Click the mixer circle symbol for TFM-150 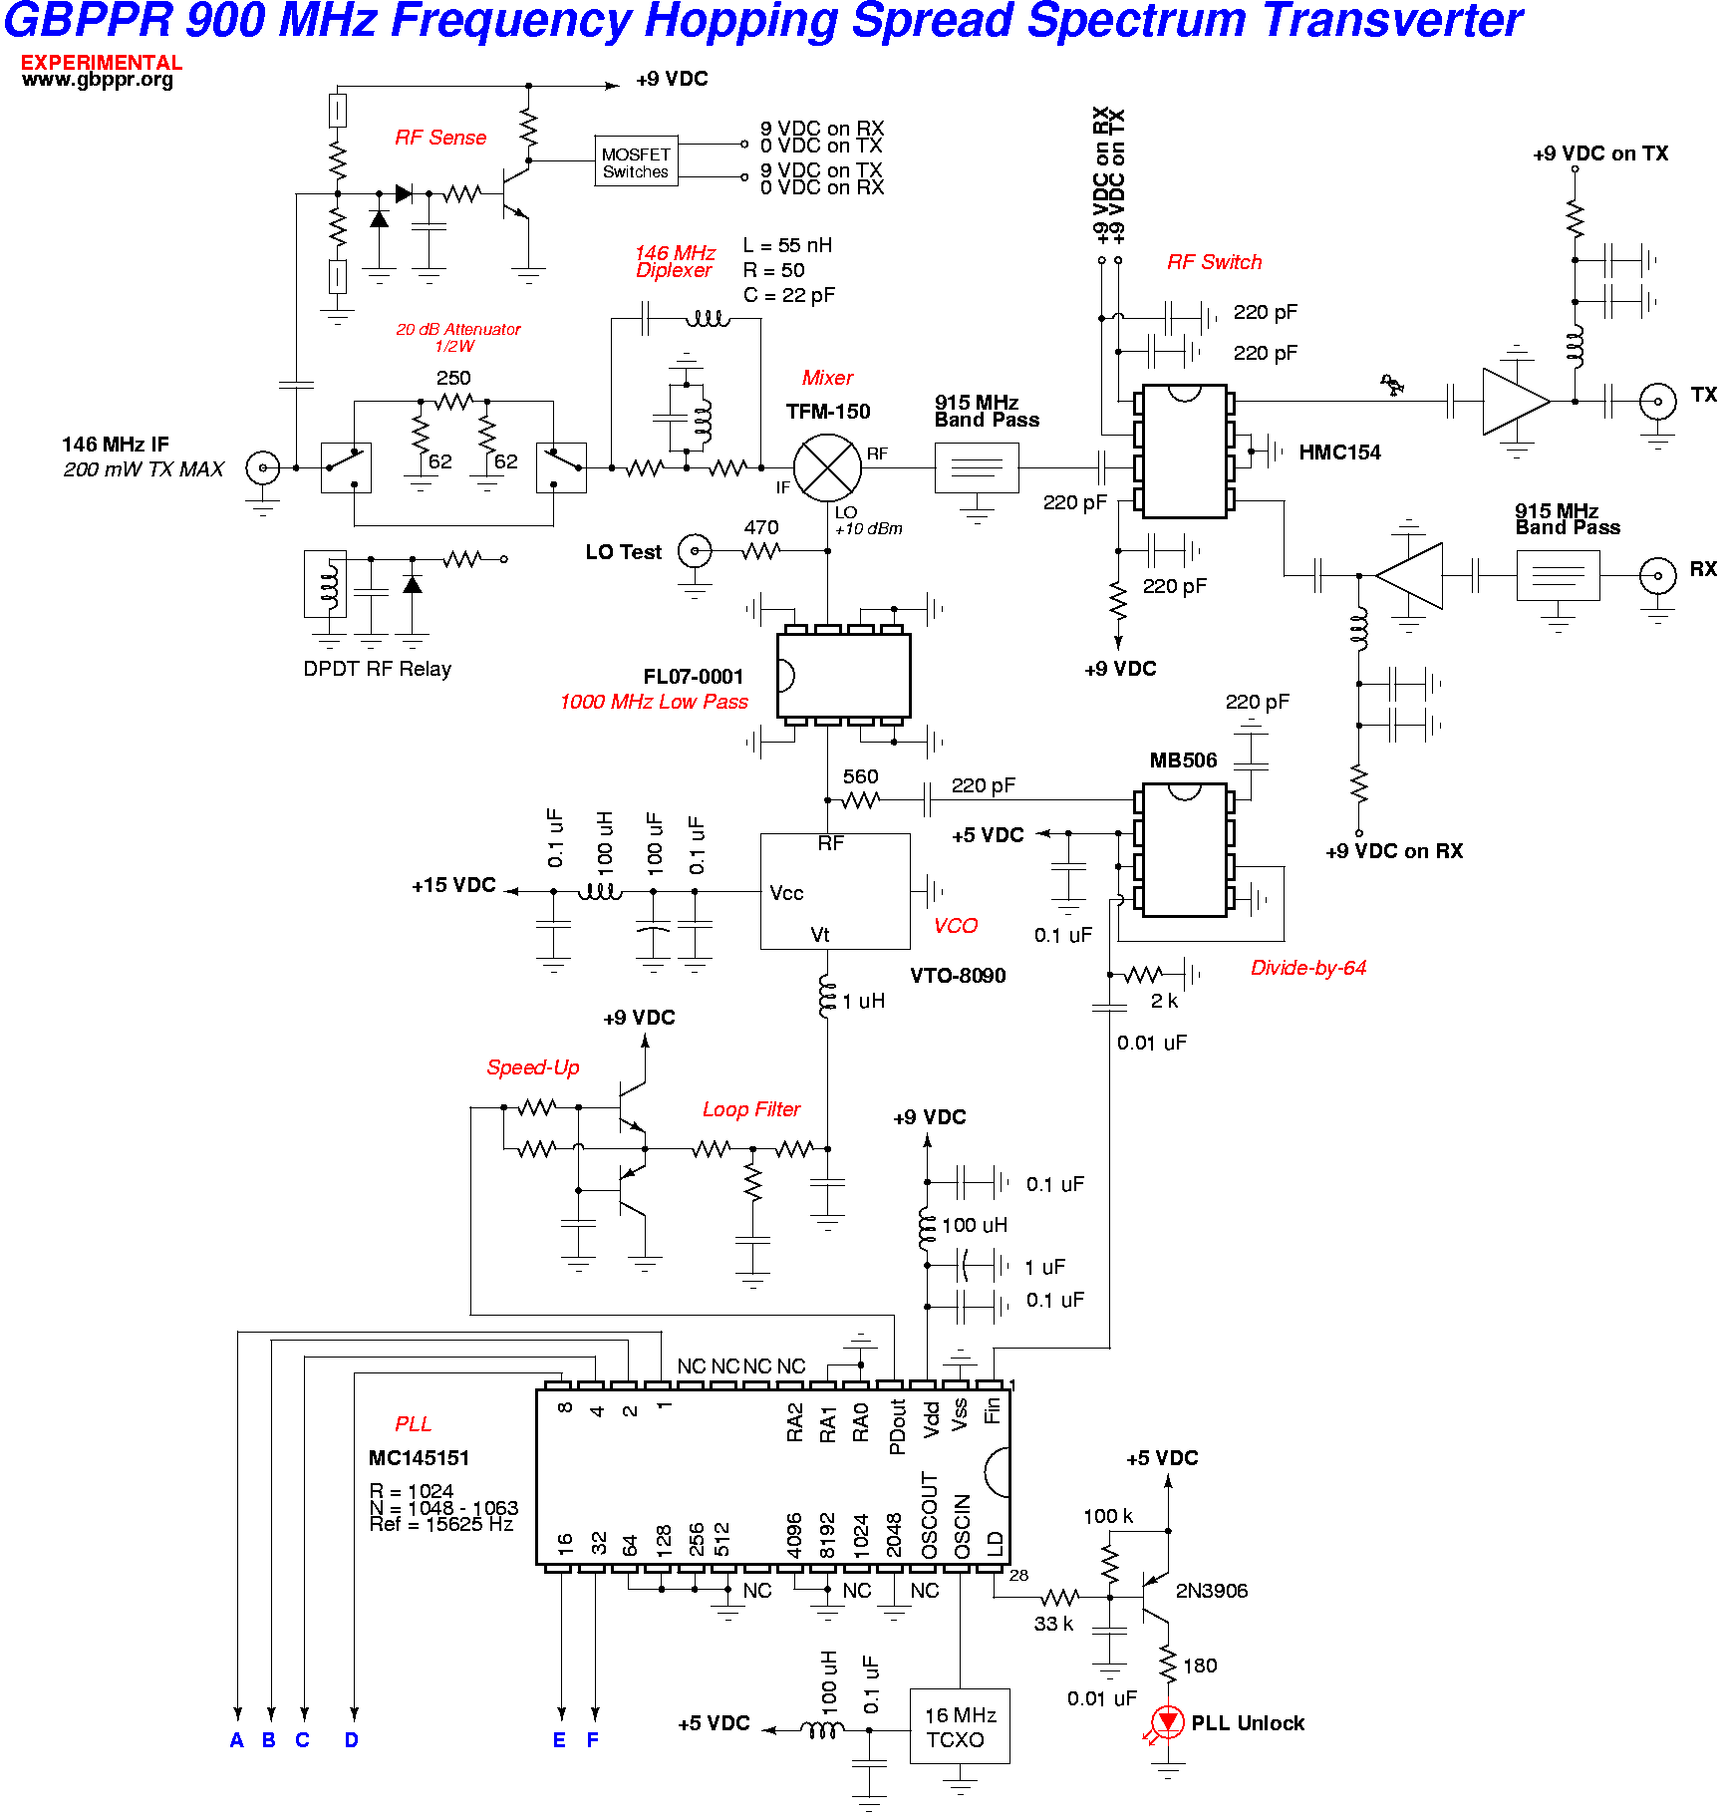pyautogui.click(x=827, y=467)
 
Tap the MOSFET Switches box pyautogui.click(x=636, y=162)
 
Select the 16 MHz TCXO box pyautogui.click(x=960, y=1726)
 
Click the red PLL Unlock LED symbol pyautogui.click(x=1168, y=1721)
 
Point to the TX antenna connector pyautogui.click(x=1658, y=402)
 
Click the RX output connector pyautogui.click(x=1658, y=575)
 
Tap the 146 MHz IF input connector pyautogui.click(x=263, y=467)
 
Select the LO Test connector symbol pyautogui.click(x=695, y=550)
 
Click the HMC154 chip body pyautogui.click(x=1184, y=452)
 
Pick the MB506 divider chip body pyautogui.click(x=1184, y=849)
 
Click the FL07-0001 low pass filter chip pyautogui.click(x=843, y=676)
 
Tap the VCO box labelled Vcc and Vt pyautogui.click(x=835, y=891)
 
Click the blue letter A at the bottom pyautogui.click(x=237, y=1740)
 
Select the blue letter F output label pyautogui.click(x=593, y=1740)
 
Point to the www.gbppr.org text pyautogui.click(x=98, y=80)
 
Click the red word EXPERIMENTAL pyautogui.click(x=102, y=63)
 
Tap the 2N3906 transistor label pyautogui.click(x=1212, y=1591)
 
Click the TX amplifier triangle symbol pyautogui.click(x=1513, y=402)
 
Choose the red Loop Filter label pyautogui.click(x=751, y=1109)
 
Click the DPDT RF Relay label pyautogui.click(x=377, y=669)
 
